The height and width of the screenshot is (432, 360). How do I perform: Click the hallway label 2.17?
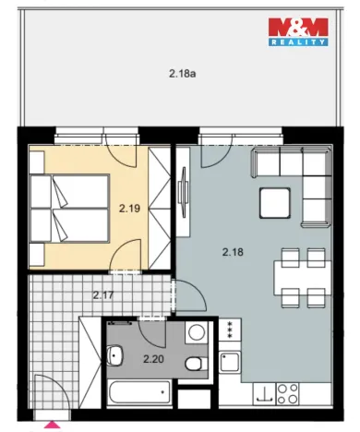104,295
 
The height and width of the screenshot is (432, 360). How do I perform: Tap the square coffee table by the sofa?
275,199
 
